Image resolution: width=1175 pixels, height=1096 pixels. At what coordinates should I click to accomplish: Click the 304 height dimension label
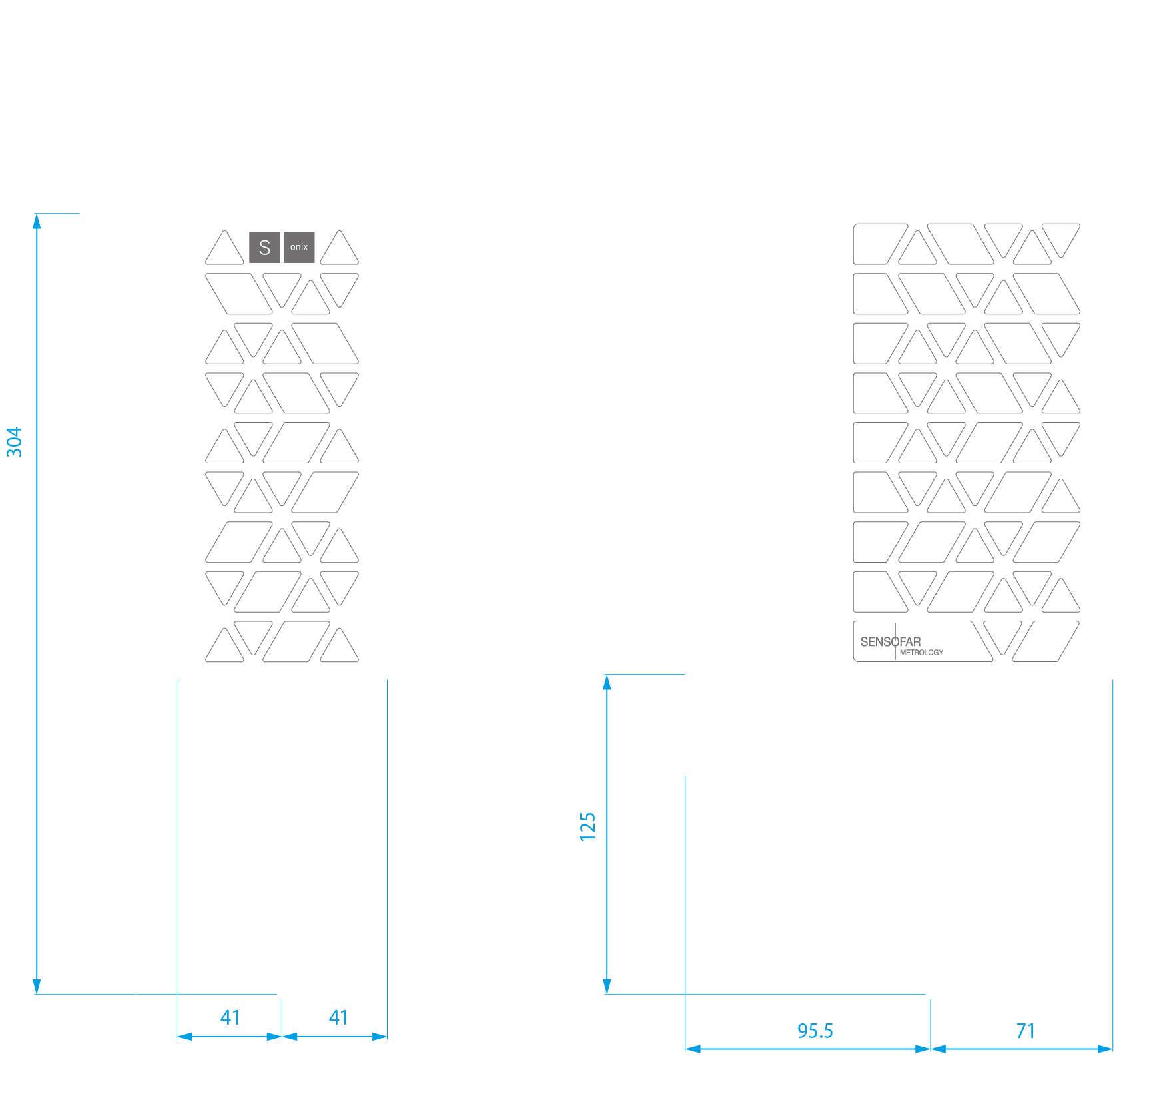[14, 442]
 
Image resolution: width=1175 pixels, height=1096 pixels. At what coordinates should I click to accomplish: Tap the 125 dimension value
[587, 826]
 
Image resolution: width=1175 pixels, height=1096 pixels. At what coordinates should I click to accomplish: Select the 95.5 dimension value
[815, 1031]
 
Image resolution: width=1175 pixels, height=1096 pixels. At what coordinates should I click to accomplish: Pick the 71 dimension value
[1026, 1031]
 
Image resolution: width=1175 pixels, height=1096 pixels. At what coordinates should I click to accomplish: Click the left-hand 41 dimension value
[230, 1017]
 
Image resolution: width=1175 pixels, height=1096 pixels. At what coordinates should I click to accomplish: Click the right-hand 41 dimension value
[338, 1017]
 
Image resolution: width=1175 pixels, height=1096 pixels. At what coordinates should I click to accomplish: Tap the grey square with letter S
[264, 247]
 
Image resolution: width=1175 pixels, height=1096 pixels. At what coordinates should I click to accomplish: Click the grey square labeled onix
[299, 247]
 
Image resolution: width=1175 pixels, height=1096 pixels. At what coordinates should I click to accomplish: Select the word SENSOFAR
[891, 641]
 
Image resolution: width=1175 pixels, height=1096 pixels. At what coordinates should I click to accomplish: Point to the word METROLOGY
[921, 653]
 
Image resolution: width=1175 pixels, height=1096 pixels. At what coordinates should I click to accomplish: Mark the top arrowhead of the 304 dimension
[37, 221]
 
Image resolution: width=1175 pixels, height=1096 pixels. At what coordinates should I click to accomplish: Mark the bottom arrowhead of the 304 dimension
[37, 987]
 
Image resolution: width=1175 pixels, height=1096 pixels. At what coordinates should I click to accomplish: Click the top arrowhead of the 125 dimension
[607, 682]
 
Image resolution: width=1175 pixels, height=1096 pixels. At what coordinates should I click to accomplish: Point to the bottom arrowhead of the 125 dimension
[607, 987]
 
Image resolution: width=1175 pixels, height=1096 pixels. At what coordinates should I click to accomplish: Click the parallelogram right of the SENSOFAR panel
[1046, 641]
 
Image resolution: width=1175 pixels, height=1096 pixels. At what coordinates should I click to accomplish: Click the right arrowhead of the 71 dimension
[1105, 1049]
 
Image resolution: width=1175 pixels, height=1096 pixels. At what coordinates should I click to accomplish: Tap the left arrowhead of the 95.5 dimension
[693, 1049]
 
